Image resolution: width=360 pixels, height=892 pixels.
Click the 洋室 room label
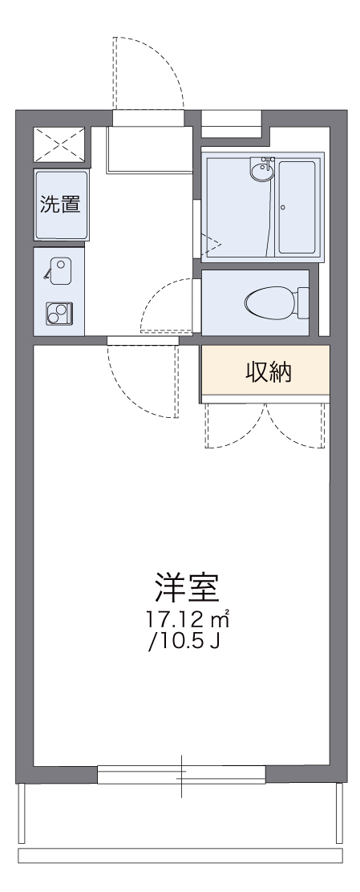(187, 590)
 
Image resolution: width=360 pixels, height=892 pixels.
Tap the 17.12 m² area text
(188, 619)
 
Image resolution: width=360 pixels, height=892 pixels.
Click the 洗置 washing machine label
(60, 204)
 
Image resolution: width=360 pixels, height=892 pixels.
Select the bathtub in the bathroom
(298, 207)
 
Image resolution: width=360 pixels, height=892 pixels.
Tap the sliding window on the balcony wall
(181, 774)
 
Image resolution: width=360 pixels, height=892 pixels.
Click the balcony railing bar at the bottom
(180, 855)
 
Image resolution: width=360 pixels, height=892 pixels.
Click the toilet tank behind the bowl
(303, 302)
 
